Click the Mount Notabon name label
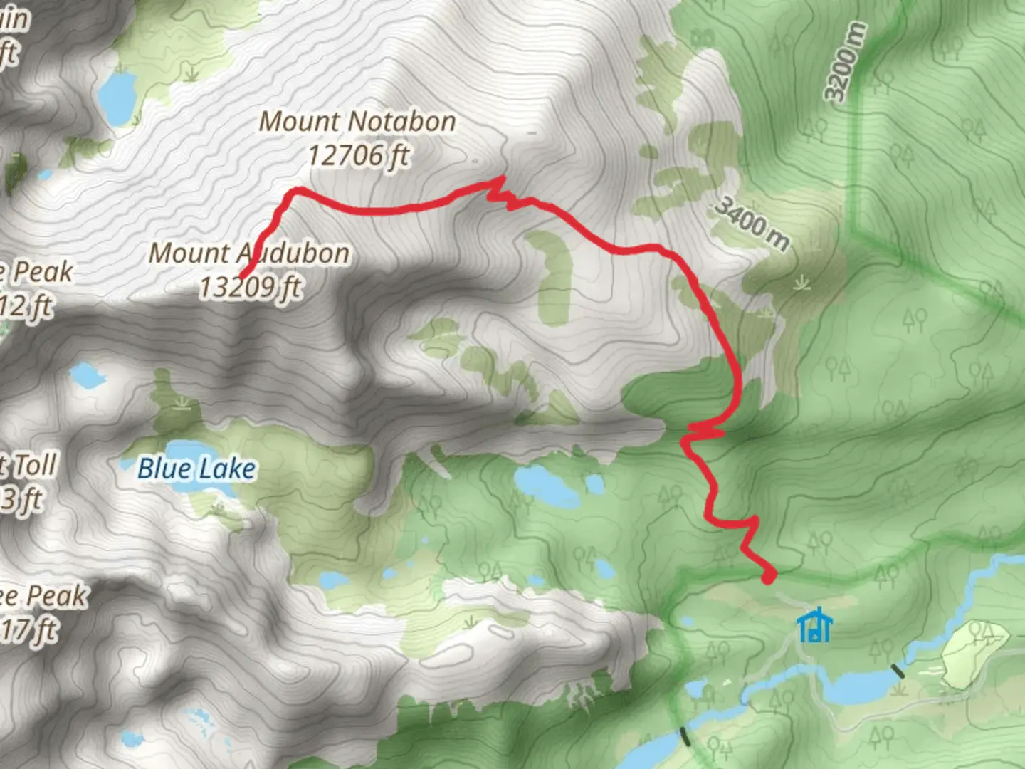pos(357,122)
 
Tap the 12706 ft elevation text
pos(358,155)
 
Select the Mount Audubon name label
pos(249,253)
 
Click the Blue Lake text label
pos(196,469)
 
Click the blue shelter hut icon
pos(815,625)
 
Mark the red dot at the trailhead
pos(768,575)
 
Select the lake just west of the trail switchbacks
pos(547,486)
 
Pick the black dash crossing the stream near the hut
pos(898,669)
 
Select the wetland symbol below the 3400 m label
pos(803,283)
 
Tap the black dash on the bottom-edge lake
pos(685,736)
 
